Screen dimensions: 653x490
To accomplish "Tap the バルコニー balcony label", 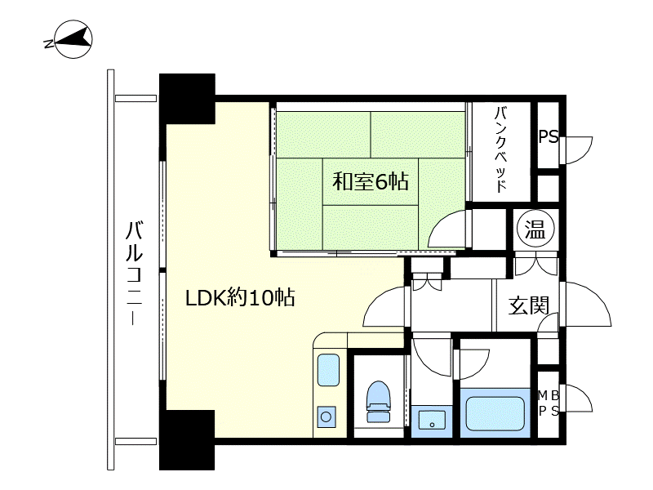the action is click(134, 274).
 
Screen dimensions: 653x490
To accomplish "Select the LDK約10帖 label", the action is click(240, 298).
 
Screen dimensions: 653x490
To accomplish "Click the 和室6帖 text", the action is click(371, 182).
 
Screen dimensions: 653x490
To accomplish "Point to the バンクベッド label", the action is click(501, 149).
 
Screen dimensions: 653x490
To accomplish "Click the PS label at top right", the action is click(548, 136).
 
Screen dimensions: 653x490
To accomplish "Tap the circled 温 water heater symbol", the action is click(535, 229).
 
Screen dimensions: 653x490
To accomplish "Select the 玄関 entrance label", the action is click(529, 305).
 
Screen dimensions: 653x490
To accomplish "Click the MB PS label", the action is click(549, 403).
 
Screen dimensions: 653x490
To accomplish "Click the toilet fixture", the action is click(379, 402).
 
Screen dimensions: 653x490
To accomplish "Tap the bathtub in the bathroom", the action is click(495, 413).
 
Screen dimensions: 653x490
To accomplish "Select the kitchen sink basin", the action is click(328, 370).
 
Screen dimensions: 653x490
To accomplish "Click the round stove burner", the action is click(326, 416).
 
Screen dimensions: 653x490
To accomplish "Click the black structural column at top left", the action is click(188, 99).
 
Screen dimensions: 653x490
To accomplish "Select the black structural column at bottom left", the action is click(187, 440).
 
